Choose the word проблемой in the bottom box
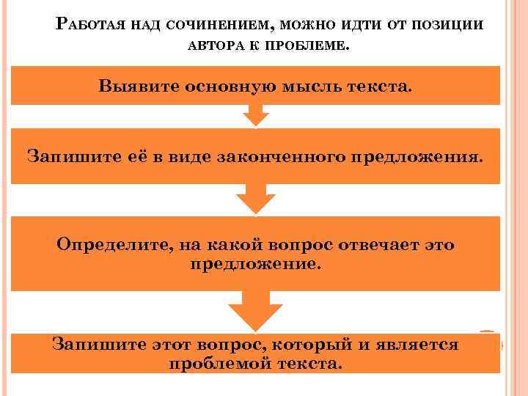214,364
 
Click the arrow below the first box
255,115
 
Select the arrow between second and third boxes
255,198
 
